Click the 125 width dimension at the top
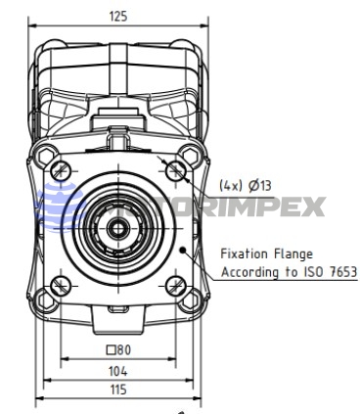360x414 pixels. click(x=118, y=16)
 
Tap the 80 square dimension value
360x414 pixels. click(x=124, y=350)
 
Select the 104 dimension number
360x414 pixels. click(x=118, y=371)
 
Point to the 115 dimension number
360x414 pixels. click(x=118, y=390)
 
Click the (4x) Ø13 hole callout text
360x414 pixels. click(x=245, y=186)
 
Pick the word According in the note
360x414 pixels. click(x=250, y=272)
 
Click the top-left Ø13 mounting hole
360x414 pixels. click(x=61, y=170)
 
